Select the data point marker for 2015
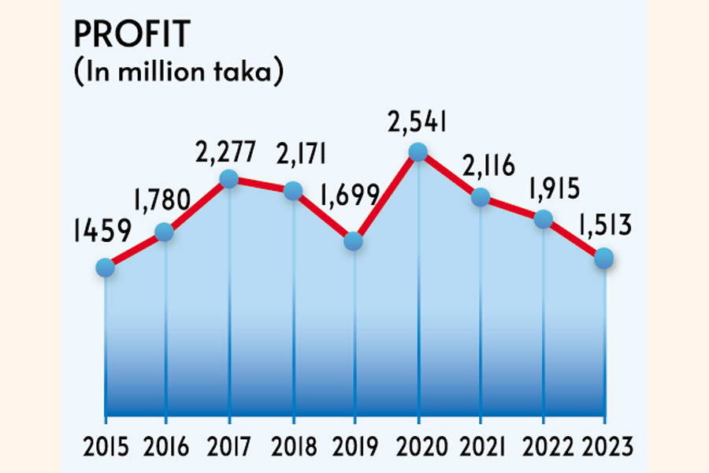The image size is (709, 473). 105,268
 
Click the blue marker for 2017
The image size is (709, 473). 228,179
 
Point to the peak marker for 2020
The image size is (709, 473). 418,151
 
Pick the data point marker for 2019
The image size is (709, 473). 354,241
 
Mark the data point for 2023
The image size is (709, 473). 604,258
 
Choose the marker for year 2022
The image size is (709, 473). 543,219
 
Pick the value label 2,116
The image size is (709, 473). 484,167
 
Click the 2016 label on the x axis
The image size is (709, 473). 167,448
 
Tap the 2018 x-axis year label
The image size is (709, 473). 292,448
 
